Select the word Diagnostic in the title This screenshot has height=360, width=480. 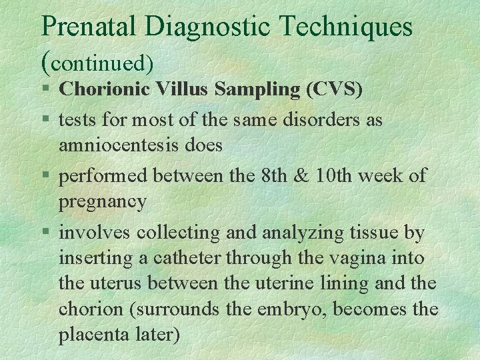pyautogui.click(x=206, y=27)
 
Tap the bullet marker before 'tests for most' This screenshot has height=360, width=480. pyautogui.click(x=45, y=121)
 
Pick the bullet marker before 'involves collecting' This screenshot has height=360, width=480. pyautogui.click(x=45, y=233)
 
